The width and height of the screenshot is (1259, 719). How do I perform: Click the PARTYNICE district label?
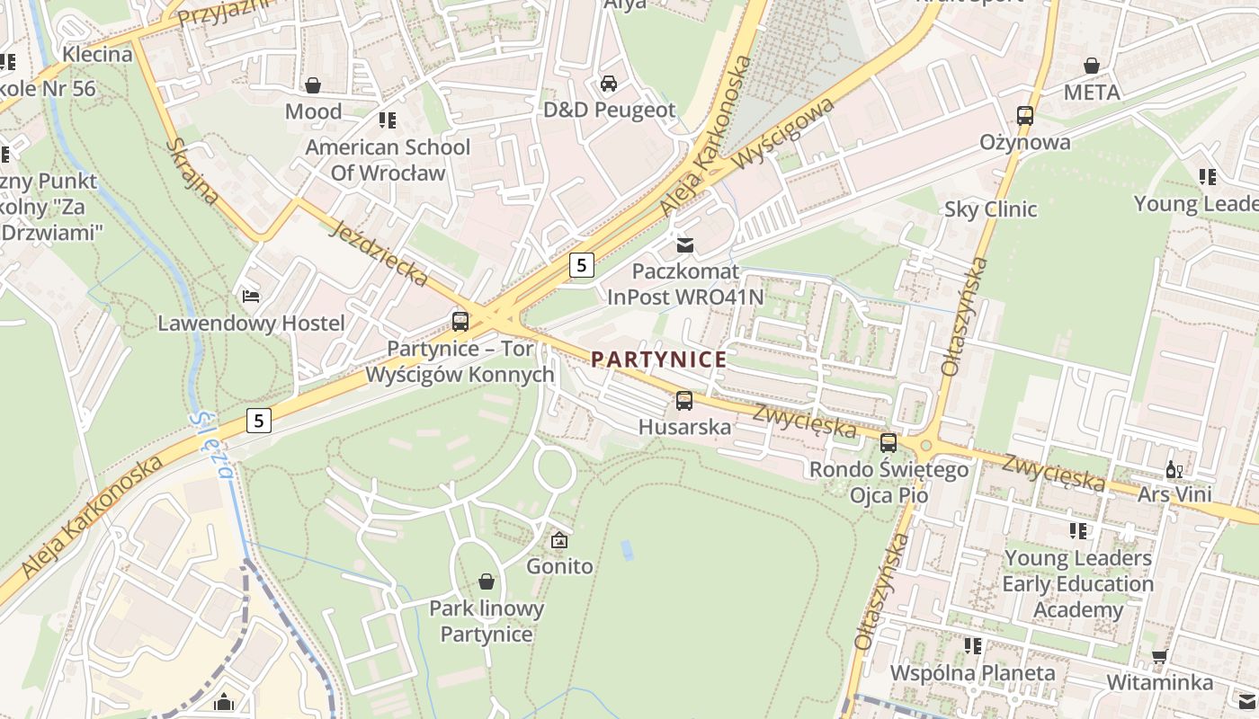point(658,359)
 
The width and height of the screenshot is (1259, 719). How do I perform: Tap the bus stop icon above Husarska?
point(684,401)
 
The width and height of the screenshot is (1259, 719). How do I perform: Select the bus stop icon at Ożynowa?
point(1025,116)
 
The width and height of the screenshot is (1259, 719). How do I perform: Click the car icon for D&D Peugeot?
point(609,84)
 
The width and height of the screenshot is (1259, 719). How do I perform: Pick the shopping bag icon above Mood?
point(313,85)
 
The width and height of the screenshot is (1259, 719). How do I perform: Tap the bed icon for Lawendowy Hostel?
point(251,297)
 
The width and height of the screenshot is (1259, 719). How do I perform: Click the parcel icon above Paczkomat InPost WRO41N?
point(685,244)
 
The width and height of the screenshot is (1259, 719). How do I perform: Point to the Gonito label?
point(559,566)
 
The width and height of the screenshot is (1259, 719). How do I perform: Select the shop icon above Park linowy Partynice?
point(487,581)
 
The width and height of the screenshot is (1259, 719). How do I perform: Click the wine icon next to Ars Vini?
point(1174,469)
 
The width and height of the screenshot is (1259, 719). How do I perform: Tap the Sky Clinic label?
point(990,209)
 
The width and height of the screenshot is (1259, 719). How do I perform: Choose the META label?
point(1092,93)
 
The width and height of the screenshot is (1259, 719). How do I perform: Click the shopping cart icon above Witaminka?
point(1159,656)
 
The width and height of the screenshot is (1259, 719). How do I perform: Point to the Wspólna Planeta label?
point(972,673)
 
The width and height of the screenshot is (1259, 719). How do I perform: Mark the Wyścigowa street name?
point(782,134)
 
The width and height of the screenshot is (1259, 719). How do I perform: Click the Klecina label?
point(97,54)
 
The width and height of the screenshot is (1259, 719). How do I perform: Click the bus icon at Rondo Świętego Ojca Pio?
point(888,442)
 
